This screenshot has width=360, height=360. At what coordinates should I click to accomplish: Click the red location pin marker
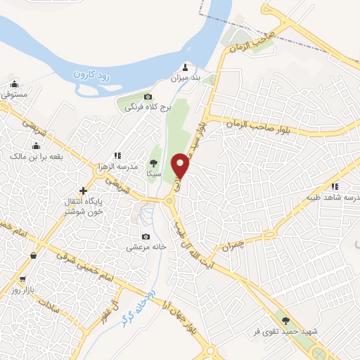pos(182,165)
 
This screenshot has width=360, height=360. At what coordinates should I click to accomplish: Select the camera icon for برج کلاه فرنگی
pos(148,96)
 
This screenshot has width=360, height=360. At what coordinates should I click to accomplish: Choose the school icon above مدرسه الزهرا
pos(117,155)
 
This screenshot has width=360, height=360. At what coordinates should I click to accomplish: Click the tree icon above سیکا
pos(153,163)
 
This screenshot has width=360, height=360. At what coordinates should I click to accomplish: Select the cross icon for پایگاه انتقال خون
pos(83,191)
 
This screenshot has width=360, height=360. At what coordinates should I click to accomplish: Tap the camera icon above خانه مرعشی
pos(146,237)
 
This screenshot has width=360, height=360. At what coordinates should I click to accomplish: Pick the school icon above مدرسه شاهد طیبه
pos(335,186)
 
